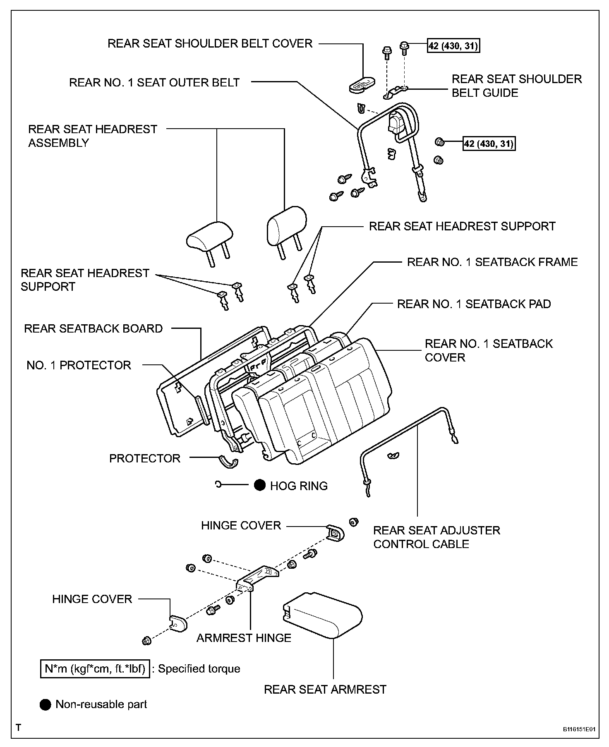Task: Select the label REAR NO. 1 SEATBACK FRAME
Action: point(492,262)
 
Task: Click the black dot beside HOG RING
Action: point(260,485)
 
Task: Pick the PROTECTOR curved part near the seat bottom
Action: point(229,462)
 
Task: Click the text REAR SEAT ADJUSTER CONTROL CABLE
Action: point(436,537)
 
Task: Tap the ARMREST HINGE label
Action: point(244,638)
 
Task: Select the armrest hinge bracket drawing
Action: point(257,577)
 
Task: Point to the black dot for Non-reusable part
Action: point(45,704)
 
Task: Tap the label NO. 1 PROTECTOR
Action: point(79,365)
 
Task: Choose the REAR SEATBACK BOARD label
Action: point(93,328)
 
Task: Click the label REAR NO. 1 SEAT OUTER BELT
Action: point(154,82)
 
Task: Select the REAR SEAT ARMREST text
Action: point(325,690)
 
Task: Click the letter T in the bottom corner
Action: point(19,728)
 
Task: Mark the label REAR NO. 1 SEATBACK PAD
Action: point(474,304)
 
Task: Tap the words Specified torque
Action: point(199,669)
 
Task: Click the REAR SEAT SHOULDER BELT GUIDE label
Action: point(516,86)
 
